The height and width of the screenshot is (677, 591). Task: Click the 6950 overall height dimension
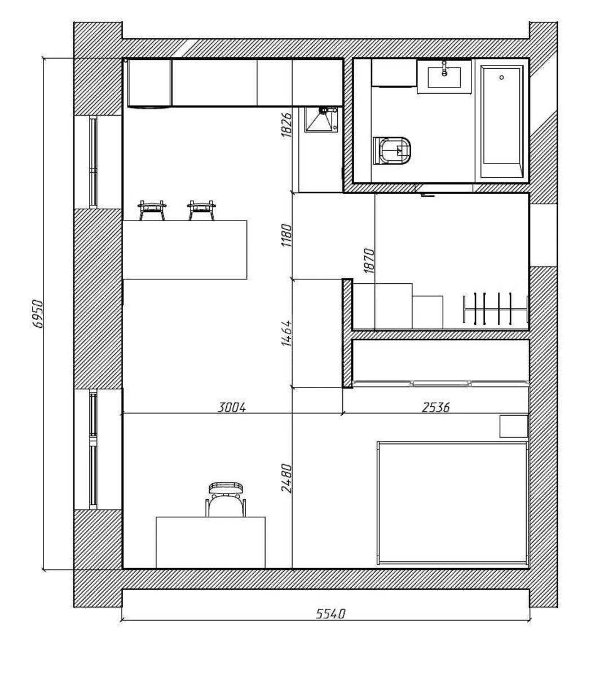tap(38, 314)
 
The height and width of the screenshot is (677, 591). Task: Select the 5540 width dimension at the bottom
tap(329, 613)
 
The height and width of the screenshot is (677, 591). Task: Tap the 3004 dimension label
tap(232, 407)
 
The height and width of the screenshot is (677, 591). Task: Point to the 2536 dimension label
tap(435, 407)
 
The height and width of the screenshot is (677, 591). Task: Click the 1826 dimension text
tap(286, 125)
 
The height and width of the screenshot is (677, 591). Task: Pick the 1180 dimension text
tap(286, 236)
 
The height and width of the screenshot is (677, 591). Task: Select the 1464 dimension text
tap(286, 333)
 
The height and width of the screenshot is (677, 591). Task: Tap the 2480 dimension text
tap(286, 478)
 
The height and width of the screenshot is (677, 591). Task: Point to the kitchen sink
tap(321, 120)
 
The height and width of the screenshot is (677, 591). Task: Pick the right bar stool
tap(201, 210)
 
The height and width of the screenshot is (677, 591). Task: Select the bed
tap(452, 502)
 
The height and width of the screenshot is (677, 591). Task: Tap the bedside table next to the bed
tap(513, 426)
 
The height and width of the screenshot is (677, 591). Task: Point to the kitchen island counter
tap(184, 249)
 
